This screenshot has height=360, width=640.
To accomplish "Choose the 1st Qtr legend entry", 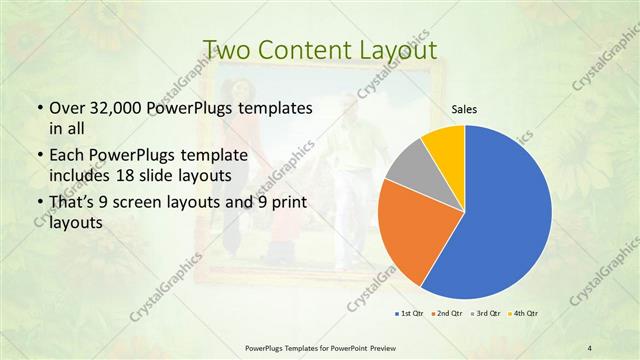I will (x=410, y=314).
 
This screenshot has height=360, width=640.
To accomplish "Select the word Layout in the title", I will (x=398, y=51).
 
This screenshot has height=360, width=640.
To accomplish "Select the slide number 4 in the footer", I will (x=590, y=347).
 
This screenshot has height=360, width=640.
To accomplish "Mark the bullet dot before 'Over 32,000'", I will (x=37, y=107).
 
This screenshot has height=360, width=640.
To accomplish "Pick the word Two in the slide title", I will (x=222, y=51).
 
